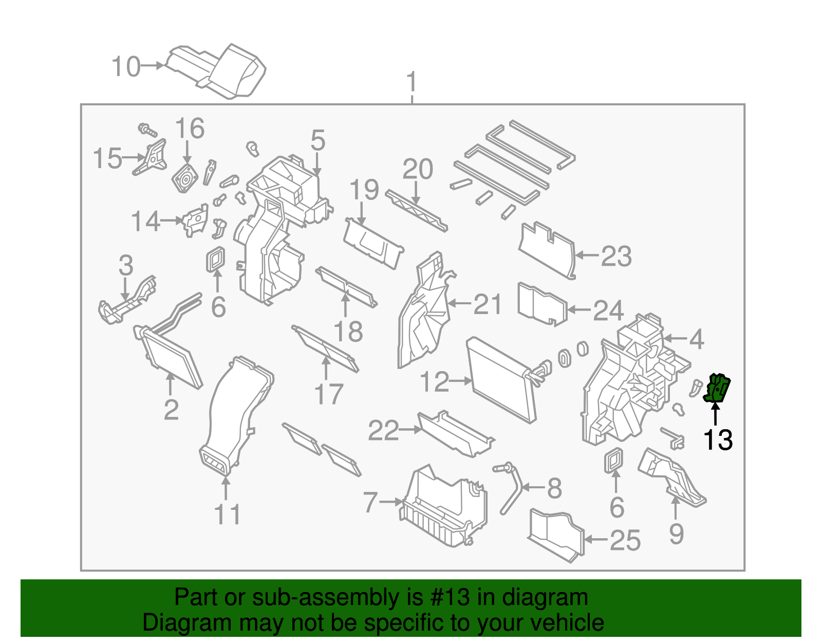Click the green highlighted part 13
717,389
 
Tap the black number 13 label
717,440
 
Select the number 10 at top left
126,67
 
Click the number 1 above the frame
412,82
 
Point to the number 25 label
625,540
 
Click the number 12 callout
434,382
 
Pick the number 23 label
616,256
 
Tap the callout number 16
190,129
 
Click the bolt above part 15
147,129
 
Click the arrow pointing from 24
578,310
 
